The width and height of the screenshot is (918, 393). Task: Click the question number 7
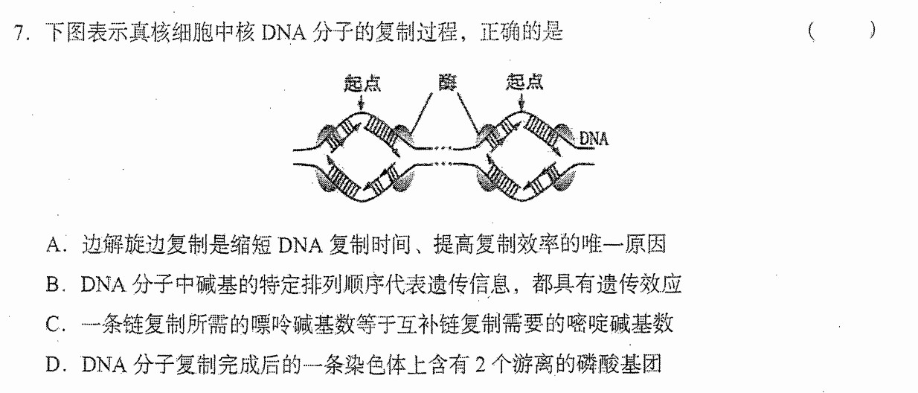19,33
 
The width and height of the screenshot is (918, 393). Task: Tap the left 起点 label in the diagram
362,83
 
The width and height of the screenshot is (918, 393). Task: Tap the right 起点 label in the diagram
524,81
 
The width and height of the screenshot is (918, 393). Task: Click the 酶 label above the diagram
447,83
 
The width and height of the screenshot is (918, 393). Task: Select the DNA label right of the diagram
594,139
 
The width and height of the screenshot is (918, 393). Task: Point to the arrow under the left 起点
361,103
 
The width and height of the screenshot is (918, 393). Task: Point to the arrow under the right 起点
521,102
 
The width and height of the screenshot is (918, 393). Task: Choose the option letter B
54,284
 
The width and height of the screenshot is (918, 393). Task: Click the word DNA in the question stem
283,33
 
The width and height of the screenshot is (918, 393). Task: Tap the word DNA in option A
301,246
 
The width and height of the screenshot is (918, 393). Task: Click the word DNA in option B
103,284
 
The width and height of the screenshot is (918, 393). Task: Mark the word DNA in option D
104,364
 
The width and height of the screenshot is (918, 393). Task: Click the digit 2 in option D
481,364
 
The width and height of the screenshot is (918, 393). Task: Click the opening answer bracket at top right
812,31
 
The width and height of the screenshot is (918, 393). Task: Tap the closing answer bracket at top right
873,30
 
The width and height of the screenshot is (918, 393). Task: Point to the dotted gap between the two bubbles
443,156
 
